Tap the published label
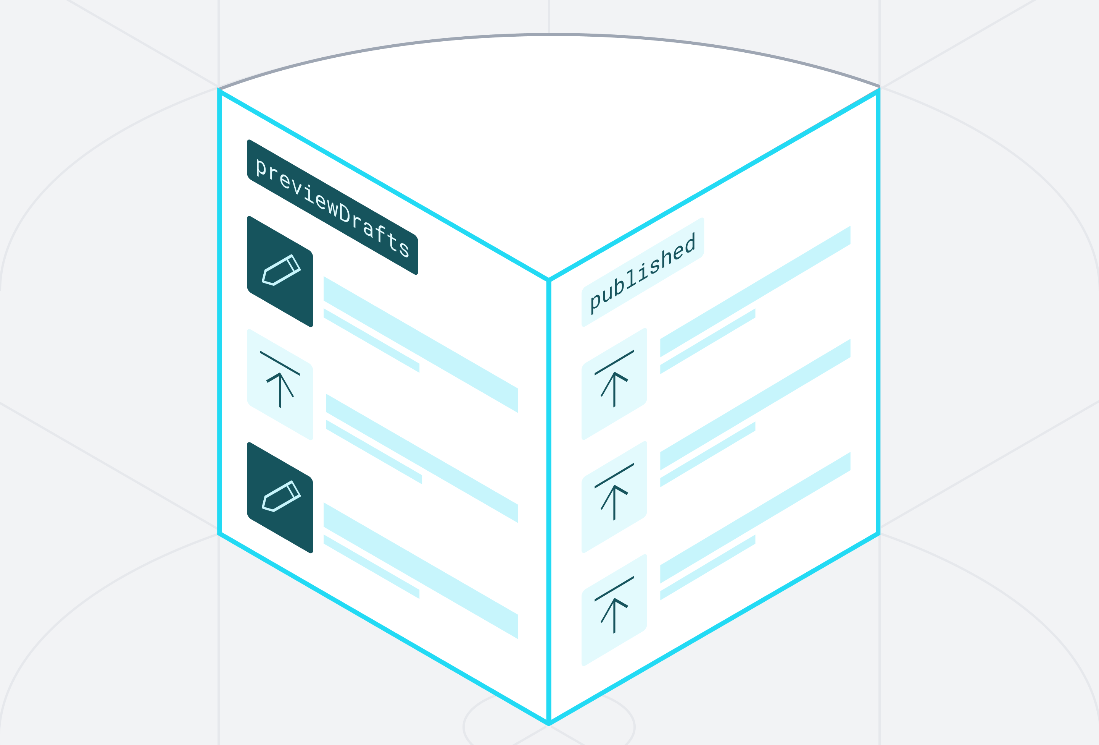tap(643, 272)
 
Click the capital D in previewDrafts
tap(345, 214)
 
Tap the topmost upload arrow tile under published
tap(614, 384)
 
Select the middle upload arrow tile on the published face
tap(614, 497)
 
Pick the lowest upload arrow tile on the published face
tap(614, 610)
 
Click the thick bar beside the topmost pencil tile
tap(421, 345)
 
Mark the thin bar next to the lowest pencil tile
tap(371, 567)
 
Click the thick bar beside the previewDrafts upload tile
tap(422, 458)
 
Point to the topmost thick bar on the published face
tap(755, 292)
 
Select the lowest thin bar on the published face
tap(707, 567)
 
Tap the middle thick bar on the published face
tap(755, 405)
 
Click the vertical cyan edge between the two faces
tap(549, 473)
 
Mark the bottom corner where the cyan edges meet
tap(549, 723)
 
